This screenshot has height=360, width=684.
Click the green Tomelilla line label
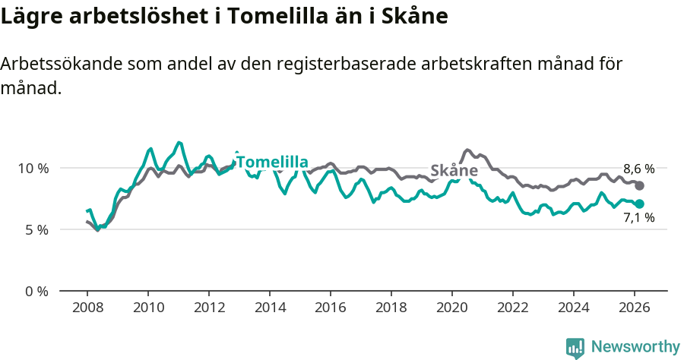tap(272, 162)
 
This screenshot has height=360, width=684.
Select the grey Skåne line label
tap(454, 171)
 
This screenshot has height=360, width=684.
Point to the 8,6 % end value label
tap(638, 169)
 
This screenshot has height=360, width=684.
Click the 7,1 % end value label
tap(638, 218)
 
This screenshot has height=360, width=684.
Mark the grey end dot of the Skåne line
tap(640, 186)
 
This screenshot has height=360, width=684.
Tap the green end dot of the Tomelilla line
tap(640, 204)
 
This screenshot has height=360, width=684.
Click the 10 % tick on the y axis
tap(33, 168)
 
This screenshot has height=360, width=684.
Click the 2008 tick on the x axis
tap(87, 308)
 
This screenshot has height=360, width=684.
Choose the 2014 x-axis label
tap(270, 308)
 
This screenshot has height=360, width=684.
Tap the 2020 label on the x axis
tap(452, 308)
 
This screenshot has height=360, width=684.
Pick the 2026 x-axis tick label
tap(635, 308)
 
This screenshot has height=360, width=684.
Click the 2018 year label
tap(391, 308)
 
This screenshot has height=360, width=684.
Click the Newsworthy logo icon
tap(575, 348)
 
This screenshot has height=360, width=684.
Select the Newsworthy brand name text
tap(635, 347)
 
